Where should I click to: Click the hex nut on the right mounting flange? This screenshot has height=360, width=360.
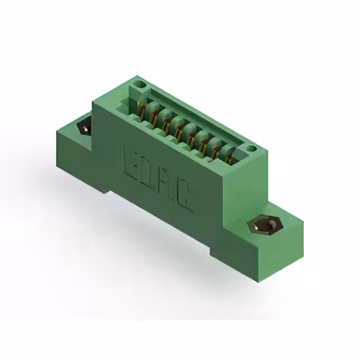[x=264, y=227]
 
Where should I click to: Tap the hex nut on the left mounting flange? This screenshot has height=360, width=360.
[x=84, y=127]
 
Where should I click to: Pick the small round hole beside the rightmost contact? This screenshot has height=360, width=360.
[x=251, y=149]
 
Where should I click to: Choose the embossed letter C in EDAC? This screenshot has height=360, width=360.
[x=184, y=200]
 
